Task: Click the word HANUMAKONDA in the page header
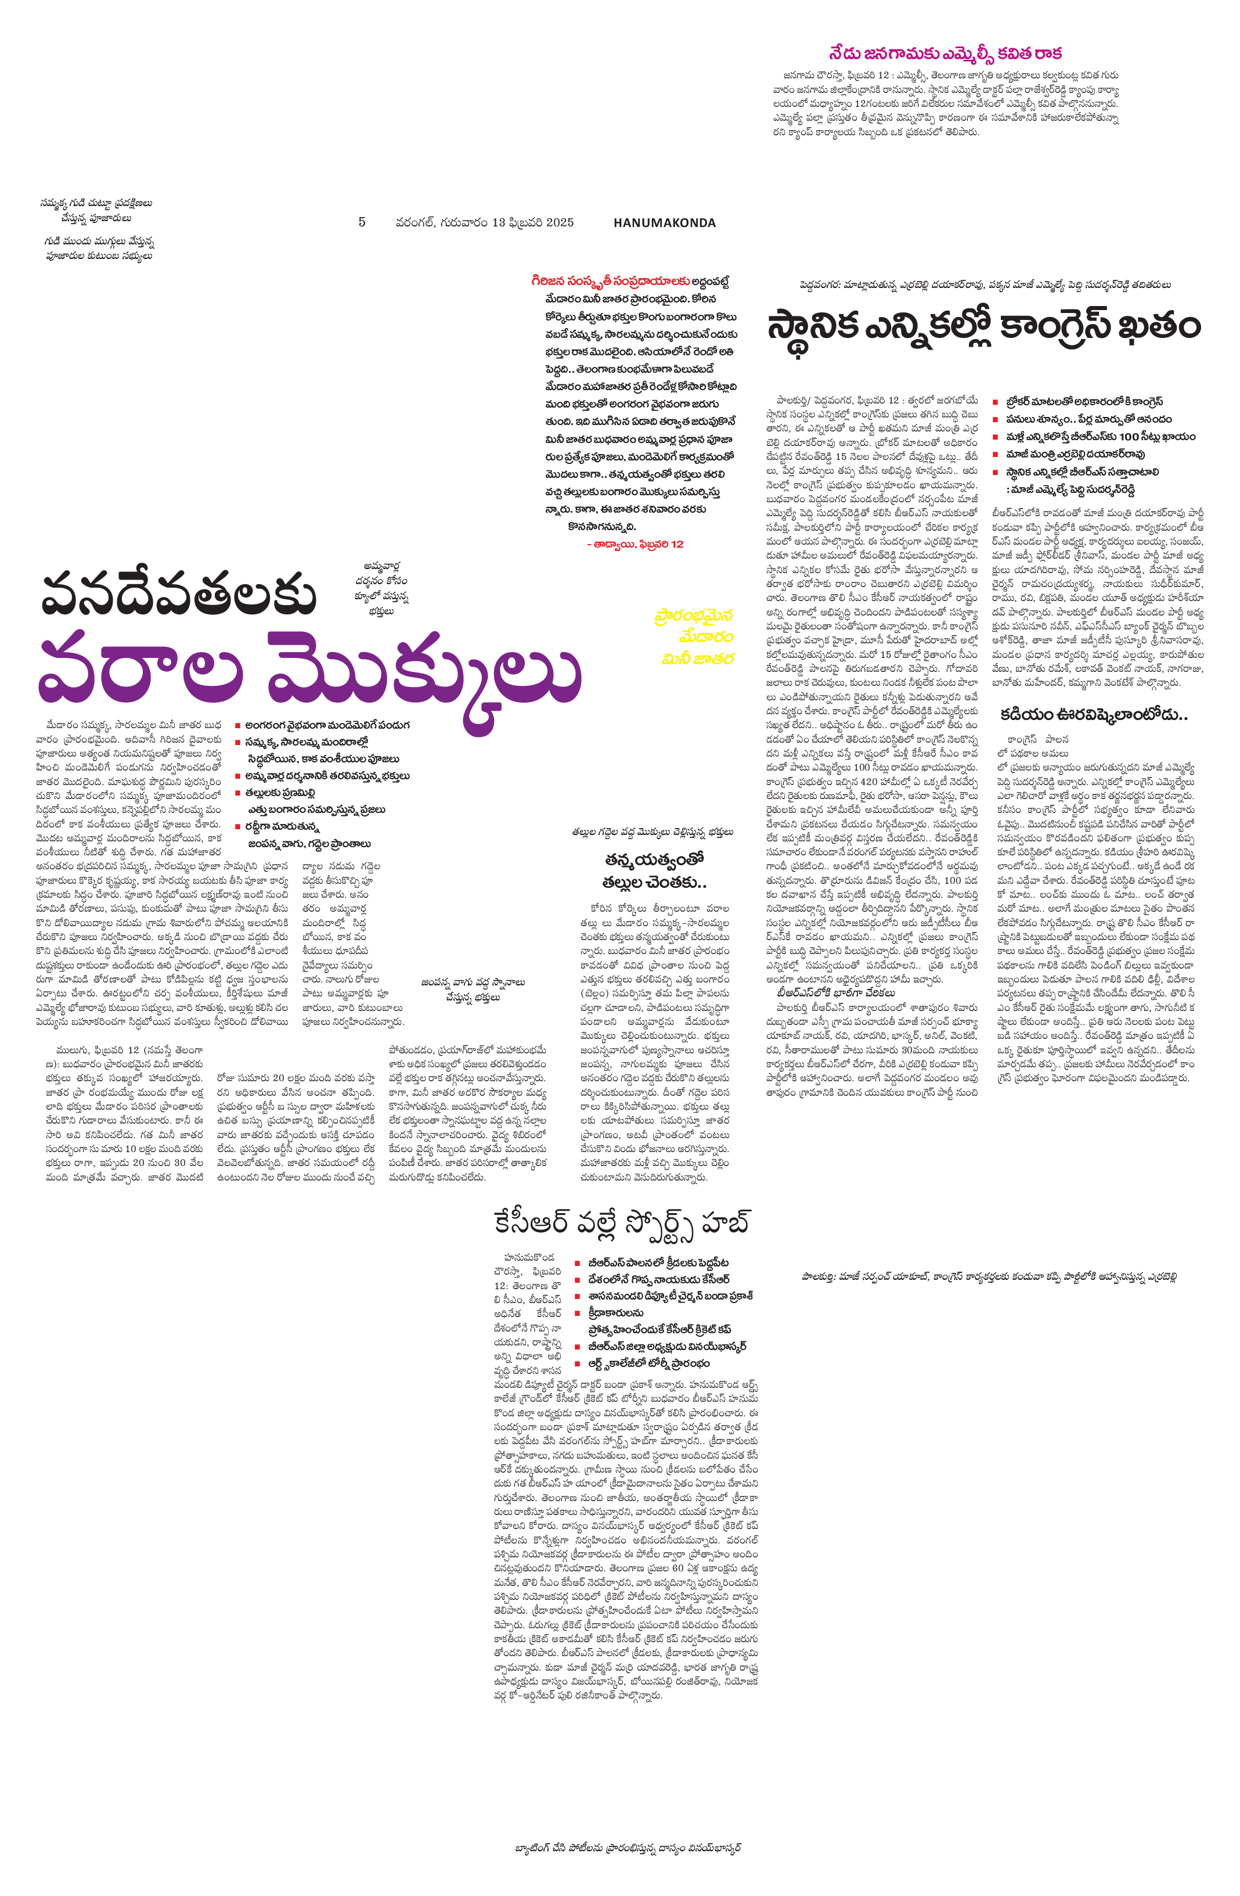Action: click(664, 223)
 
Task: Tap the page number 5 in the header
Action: click(362, 222)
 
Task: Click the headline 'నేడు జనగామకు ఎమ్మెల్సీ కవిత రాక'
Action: click(945, 54)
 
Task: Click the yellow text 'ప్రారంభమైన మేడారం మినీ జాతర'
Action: click(694, 636)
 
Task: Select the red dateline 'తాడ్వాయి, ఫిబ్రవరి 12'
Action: click(634, 544)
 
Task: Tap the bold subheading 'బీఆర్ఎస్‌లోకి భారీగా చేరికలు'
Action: click(836, 992)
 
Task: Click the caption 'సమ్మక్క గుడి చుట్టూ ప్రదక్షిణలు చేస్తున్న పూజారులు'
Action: click(96, 210)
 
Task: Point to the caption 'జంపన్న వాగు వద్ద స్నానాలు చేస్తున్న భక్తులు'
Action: click(473, 990)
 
